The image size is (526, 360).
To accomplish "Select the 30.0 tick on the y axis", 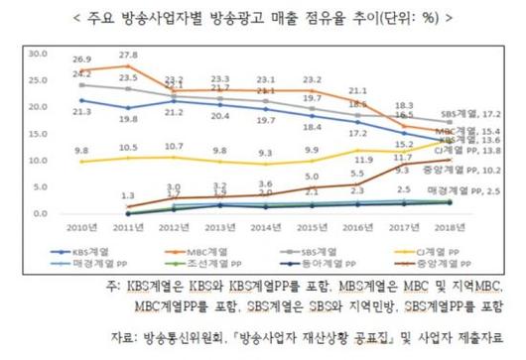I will pos(40,53).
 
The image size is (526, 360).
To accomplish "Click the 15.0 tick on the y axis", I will pos(40,133).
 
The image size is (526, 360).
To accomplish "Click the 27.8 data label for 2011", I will pos(127,55).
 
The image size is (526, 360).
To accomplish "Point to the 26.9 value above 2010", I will pos(81,60).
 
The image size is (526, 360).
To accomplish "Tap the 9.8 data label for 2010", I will pos(81,151).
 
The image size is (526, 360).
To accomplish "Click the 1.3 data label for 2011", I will pos(127,196).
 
